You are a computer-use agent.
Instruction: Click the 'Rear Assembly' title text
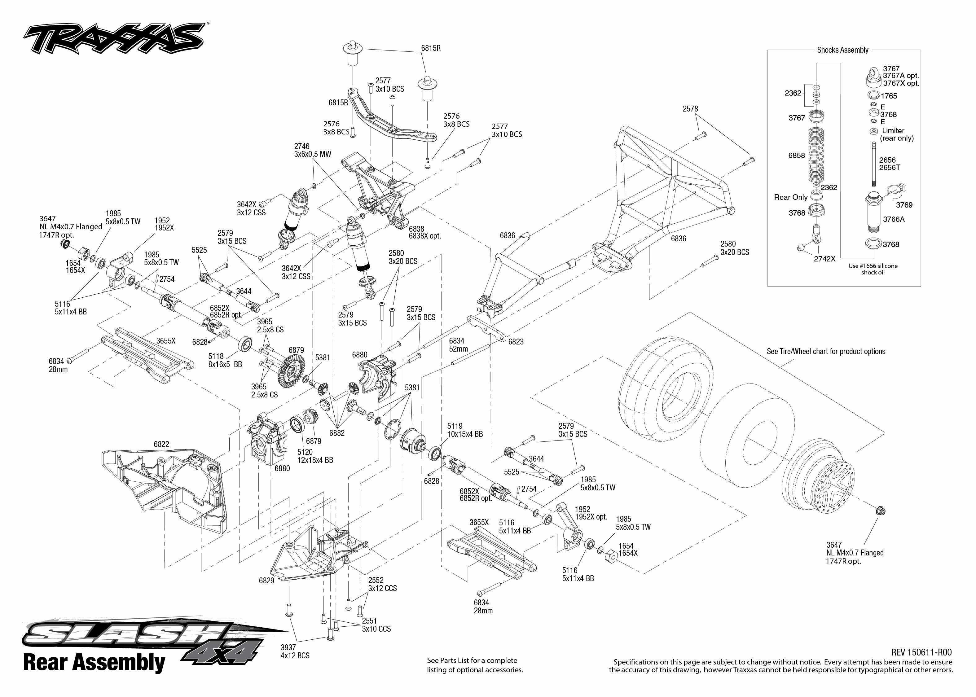click(x=94, y=662)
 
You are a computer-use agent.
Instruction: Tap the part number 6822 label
click(x=161, y=444)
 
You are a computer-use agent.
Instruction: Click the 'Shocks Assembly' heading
click(x=842, y=50)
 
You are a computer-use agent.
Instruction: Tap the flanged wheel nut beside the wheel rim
click(x=880, y=511)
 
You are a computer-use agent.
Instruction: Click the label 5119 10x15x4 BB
click(x=465, y=430)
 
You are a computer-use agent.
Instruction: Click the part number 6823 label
click(x=516, y=342)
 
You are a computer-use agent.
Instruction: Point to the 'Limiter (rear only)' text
click(x=897, y=134)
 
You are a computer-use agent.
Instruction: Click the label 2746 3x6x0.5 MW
click(x=312, y=150)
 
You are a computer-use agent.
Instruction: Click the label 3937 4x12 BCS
click(x=295, y=651)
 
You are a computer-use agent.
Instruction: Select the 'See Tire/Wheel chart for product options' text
click(x=826, y=351)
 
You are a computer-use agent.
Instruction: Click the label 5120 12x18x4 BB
click(x=315, y=456)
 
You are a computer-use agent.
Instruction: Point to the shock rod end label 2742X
click(x=824, y=259)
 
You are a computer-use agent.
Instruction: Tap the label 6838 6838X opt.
click(x=424, y=232)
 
